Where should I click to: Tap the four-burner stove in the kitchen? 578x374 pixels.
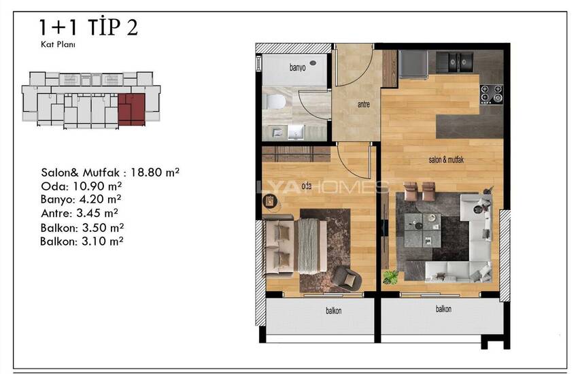tap(492, 94)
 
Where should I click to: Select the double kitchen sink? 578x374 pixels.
tap(455, 61)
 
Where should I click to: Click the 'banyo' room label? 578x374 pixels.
tap(297, 68)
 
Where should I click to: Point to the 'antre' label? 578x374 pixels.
tap(364, 105)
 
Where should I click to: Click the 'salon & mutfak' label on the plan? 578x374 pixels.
tap(446, 160)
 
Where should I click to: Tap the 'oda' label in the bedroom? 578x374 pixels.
tap(306, 186)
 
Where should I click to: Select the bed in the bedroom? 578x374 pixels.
tap(294, 245)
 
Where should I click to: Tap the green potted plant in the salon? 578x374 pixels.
tap(390, 277)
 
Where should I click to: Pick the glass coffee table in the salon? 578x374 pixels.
tap(422, 231)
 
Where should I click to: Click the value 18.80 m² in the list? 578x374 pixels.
tap(155, 173)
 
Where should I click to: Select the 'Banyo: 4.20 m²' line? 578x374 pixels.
tap(81, 199)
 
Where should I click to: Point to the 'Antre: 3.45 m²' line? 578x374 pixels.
tap(80, 213)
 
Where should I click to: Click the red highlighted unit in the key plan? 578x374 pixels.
tap(132, 109)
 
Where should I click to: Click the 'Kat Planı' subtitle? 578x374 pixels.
tap(58, 45)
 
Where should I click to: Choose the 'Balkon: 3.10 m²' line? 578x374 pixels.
tap(82, 241)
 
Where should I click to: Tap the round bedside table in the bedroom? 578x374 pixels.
tap(271, 201)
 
